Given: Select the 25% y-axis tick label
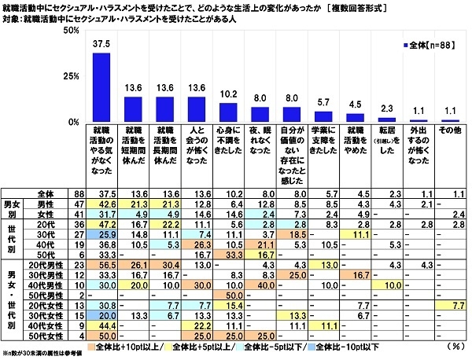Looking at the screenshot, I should pos(68,76).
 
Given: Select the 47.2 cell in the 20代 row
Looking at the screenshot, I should pos(101,222).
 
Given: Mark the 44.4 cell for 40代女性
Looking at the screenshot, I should pos(101,325).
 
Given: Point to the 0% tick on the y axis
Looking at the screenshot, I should pos(71,123).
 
